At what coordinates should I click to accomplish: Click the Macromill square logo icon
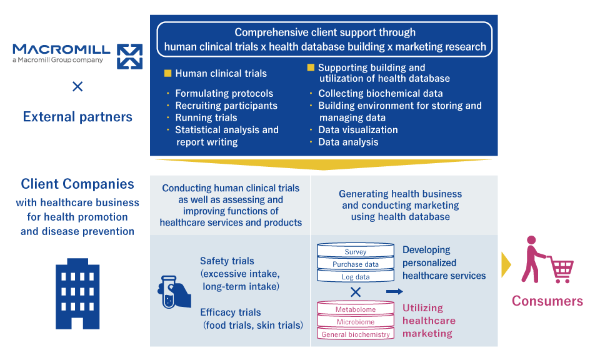click(x=129, y=56)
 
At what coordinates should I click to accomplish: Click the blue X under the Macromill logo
click(x=77, y=87)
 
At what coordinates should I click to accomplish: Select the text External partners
click(x=77, y=117)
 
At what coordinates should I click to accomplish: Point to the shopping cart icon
click(x=561, y=269)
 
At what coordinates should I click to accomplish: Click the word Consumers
click(x=547, y=301)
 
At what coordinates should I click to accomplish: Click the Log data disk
click(x=356, y=277)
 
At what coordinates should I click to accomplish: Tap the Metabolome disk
click(x=356, y=309)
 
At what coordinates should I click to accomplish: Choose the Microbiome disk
click(x=356, y=322)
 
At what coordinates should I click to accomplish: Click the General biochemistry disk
click(x=356, y=334)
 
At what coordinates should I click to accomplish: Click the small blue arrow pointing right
click(x=394, y=291)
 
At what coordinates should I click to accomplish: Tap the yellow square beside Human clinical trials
click(x=167, y=74)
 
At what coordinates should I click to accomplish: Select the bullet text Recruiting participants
click(x=226, y=106)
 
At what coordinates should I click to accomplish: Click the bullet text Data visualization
click(x=357, y=130)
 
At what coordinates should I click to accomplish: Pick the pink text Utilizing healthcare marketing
click(x=429, y=321)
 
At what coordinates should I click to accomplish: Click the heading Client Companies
click(x=77, y=184)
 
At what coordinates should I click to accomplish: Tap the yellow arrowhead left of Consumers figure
click(x=506, y=265)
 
